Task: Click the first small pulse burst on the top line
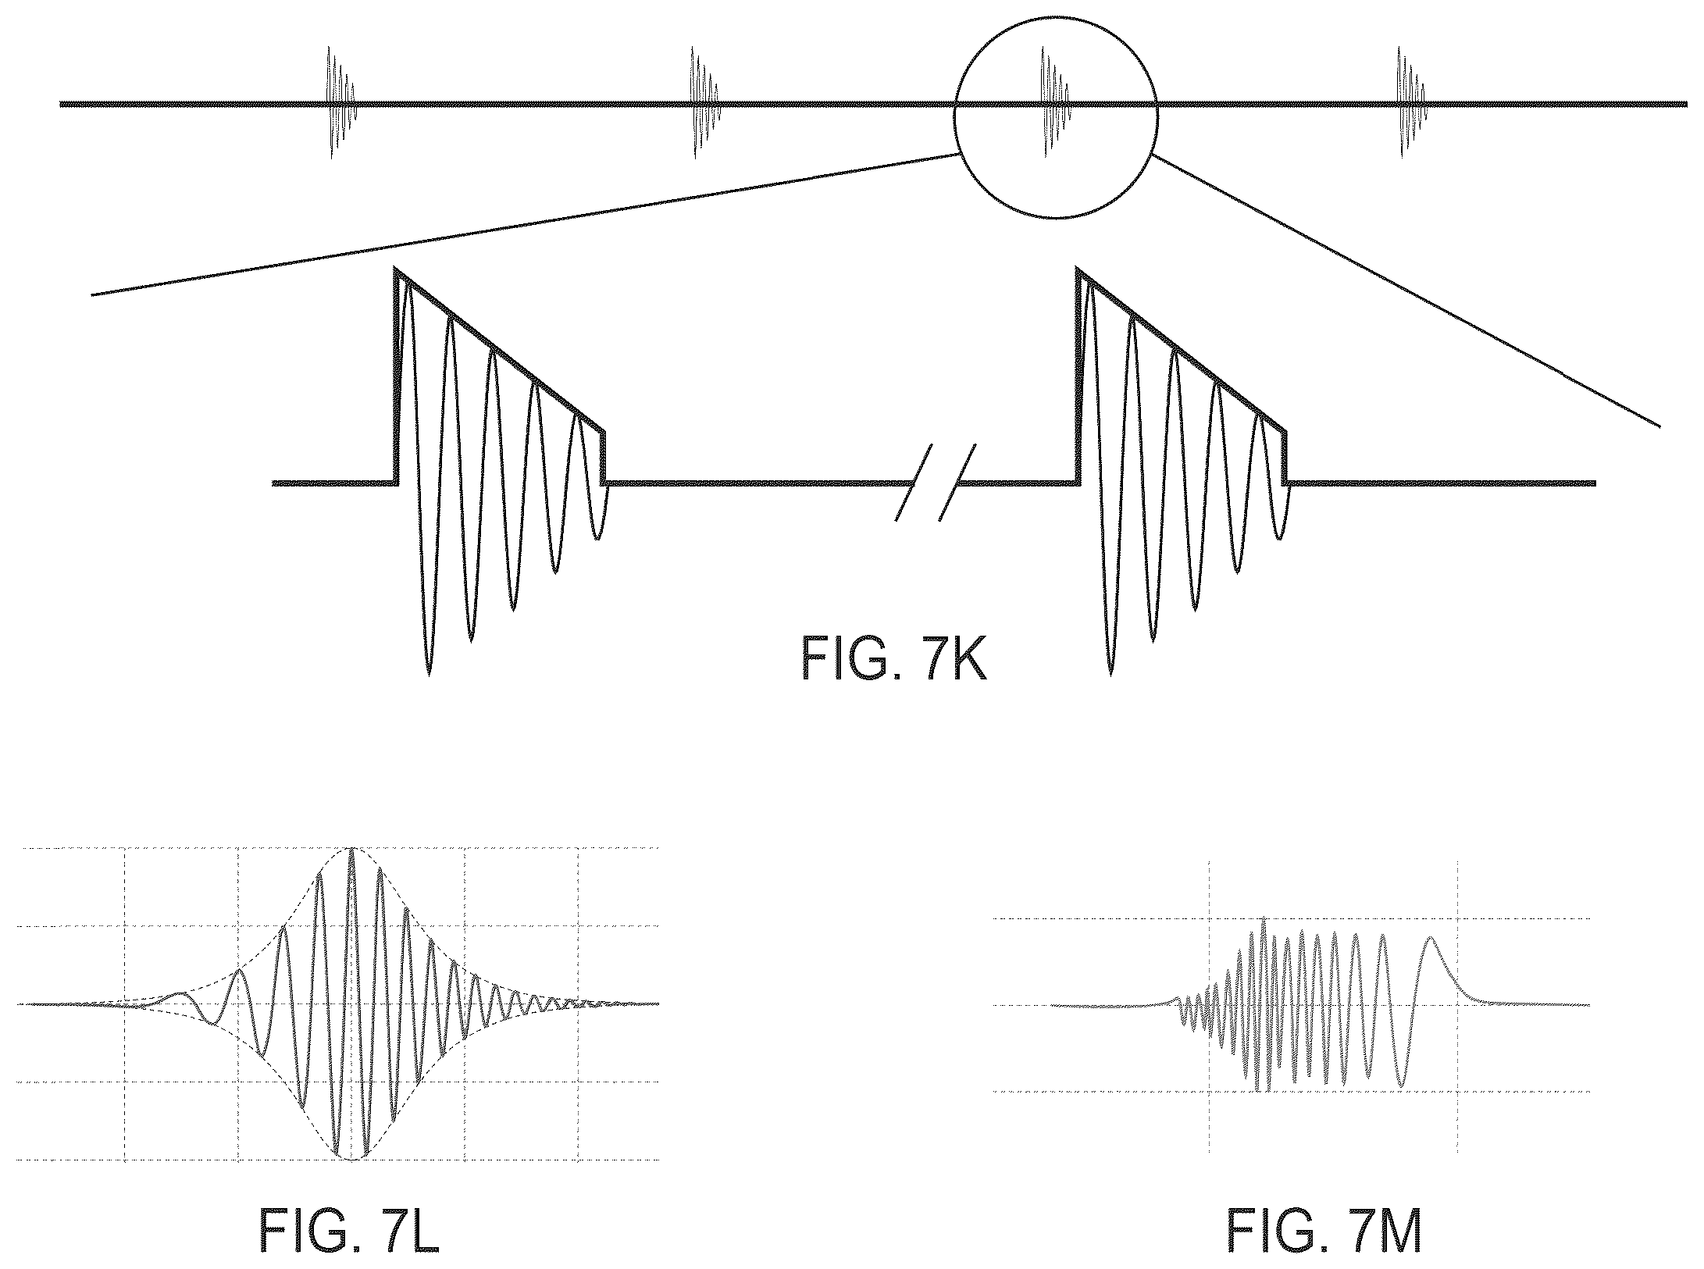(339, 102)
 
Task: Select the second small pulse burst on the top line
(703, 102)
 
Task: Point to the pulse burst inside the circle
(1054, 102)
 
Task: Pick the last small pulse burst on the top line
(1411, 102)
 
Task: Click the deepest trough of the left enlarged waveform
(428, 672)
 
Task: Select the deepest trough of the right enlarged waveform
(1110, 672)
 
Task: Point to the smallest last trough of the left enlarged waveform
(597, 538)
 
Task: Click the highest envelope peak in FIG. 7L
(354, 849)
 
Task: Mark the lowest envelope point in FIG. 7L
(354, 1160)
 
